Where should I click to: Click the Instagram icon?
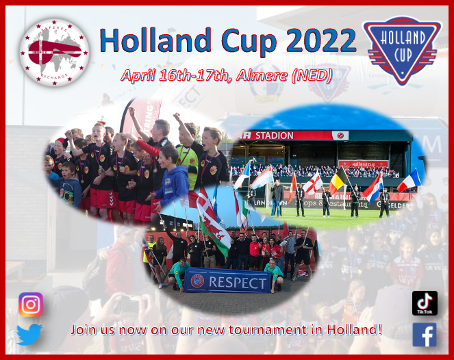pyautogui.click(x=30, y=305)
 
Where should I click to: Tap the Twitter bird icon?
pyautogui.click(x=29, y=335)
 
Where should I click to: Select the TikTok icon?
pyautogui.click(x=425, y=303)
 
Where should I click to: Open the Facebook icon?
pyautogui.click(x=425, y=335)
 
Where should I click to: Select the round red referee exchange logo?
pyautogui.click(x=54, y=52)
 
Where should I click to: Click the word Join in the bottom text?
pyautogui.click(x=84, y=329)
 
